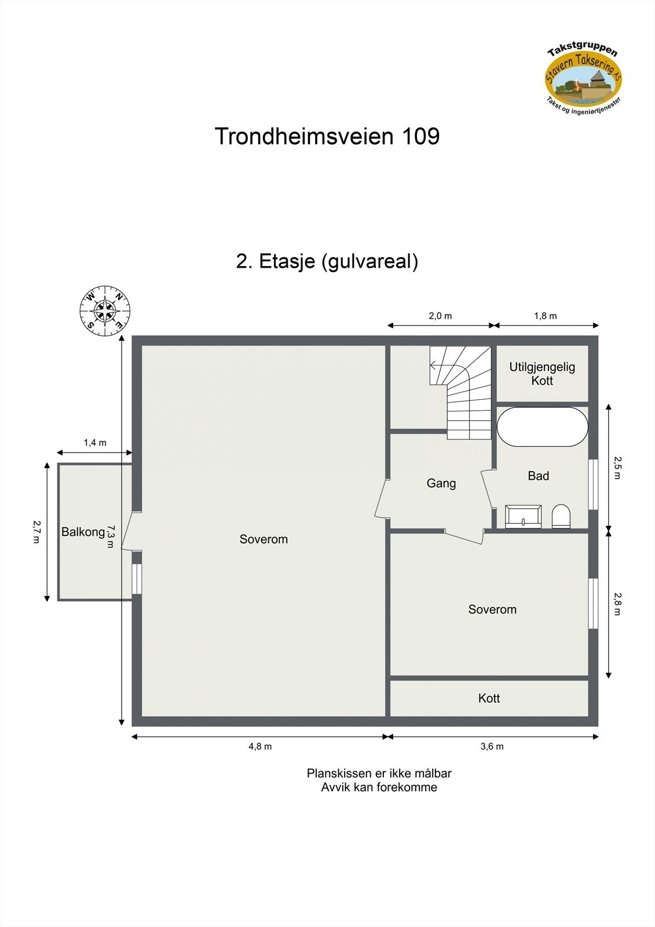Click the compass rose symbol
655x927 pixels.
105,311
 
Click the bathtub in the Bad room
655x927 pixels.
543,427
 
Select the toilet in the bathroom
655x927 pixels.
561,516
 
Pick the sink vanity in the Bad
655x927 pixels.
524,516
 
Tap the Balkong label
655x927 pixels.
83,532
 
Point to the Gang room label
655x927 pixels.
441,483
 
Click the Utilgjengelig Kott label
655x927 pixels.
542,374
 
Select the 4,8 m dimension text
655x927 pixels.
260,746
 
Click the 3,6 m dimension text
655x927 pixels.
492,746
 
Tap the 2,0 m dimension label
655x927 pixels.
440,316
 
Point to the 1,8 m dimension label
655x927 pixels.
545,316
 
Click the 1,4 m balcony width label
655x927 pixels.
95,443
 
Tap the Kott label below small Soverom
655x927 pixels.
489,698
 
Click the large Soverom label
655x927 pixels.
264,539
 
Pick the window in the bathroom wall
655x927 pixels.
593,484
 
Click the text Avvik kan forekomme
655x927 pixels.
379,787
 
